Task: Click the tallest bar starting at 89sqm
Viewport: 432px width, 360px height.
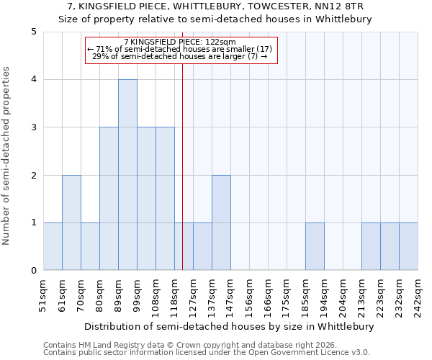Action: (x=127, y=175)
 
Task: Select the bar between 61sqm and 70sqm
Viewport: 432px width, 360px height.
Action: (x=71, y=222)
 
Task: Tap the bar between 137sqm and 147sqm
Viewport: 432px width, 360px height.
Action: (x=221, y=222)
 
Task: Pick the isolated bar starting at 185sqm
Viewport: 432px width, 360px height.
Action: (x=315, y=246)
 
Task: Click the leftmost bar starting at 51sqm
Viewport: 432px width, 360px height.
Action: (x=53, y=246)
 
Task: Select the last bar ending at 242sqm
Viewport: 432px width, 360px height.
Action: (x=408, y=246)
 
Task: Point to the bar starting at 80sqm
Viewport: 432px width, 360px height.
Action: (x=109, y=199)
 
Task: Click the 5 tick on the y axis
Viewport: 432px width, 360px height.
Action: (x=34, y=32)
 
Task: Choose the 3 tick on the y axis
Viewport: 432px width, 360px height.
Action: (x=34, y=127)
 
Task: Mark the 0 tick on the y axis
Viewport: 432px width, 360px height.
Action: (x=34, y=271)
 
